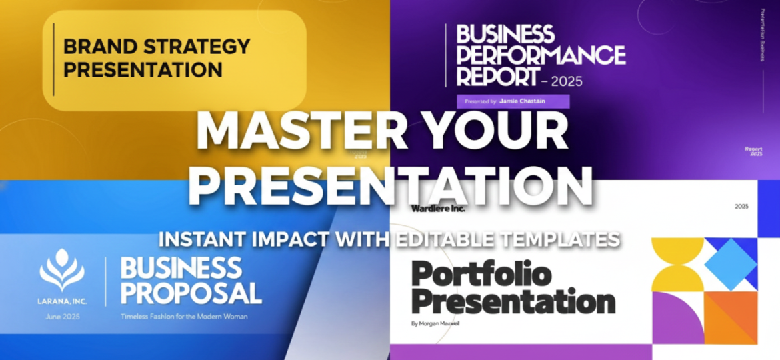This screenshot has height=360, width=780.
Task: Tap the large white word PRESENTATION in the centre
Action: coord(390,183)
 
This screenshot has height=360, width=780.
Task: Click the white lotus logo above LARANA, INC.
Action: coord(62,270)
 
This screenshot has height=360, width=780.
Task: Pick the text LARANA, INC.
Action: coord(62,301)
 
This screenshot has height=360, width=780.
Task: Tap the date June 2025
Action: coord(62,316)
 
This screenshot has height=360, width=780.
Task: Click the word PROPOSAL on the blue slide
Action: coord(191,293)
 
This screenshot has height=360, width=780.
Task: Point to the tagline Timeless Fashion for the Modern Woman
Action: coord(183,317)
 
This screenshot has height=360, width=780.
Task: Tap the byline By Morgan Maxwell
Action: coord(435,324)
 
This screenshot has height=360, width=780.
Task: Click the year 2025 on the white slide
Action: coord(741,207)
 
